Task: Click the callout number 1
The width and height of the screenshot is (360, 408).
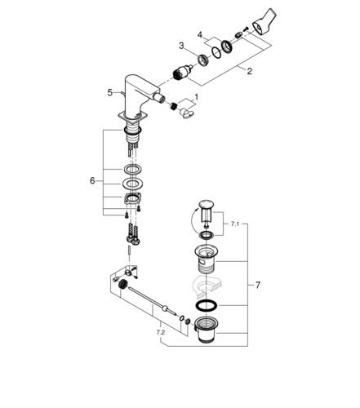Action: click(x=196, y=97)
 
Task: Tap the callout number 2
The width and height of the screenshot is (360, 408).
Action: click(x=250, y=71)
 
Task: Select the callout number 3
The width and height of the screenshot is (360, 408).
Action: click(x=181, y=46)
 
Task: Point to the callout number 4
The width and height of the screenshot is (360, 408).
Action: click(x=200, y=35)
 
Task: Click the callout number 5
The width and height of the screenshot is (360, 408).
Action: click(x=109, y=92)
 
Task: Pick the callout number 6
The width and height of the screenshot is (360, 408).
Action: click(x=92, y=180)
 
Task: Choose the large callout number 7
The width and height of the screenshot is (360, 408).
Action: click(x=258, y=285)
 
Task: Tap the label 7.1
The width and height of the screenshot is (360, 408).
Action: click(x=234, y=224)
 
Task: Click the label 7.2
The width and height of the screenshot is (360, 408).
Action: click(x=161, y=332)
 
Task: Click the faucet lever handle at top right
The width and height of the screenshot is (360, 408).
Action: click(x=264, y=22)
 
